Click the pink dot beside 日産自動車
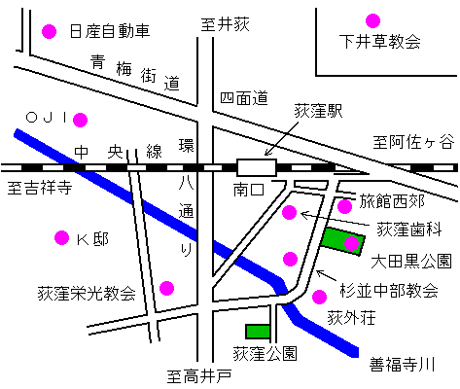pos(50,31)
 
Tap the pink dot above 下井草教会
pos(372,20)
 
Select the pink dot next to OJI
pos(80,120)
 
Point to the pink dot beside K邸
pos(61,238)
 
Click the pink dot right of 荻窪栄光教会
pos(166,288)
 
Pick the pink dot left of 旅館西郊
pos(344,206)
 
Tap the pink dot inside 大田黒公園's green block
pos(351,244)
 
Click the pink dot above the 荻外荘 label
pos(319,297)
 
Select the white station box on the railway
pos(257,167)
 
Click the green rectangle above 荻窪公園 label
pos(258,332)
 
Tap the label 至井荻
pos(226,24)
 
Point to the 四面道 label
pos(244,98)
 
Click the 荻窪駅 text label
pos(318,111)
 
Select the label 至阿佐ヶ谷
pos(413,142)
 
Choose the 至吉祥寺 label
pos(40,188)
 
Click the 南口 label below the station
pos(249,190)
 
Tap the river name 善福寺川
pos(402,365)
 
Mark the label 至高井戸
pos(199,376)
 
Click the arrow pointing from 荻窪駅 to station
pos(281,139)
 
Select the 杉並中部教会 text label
pos(389,291)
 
